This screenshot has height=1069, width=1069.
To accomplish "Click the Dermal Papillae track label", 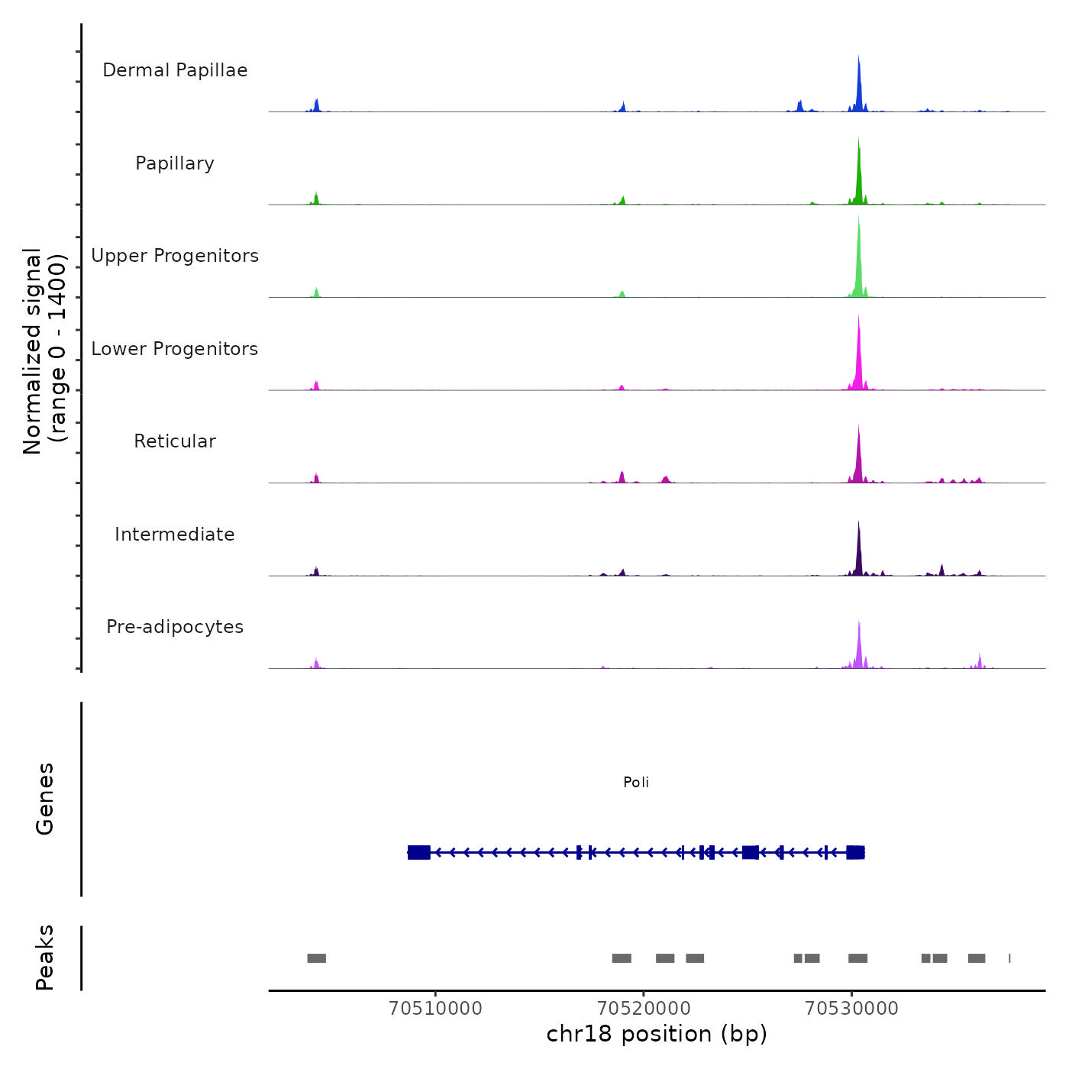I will pyautogui.click(x=175, y=70).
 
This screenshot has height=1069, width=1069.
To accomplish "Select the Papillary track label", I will pyautogui.click(x=175, y=163).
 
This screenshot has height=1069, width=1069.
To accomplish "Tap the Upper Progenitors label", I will pyautogui.click(x=175, y=256).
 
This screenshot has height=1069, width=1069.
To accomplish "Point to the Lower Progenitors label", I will pyautogui.click(x=175, y=349).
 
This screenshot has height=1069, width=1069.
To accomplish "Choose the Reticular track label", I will pyautogui.click(x=175, y=441).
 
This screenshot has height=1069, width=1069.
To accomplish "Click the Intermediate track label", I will pyautogui.click(x=175, y=534).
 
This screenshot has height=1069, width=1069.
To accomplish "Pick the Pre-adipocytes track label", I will pyautogui.click(x=175, y=627).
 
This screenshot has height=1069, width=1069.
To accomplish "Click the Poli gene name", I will pyautogui.click(x=636, y=783).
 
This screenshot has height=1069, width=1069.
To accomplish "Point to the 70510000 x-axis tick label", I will pyautogui.click(x=435, y=1009).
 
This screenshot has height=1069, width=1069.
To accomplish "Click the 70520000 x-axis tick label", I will pyautogui.click(x=644, y=1009).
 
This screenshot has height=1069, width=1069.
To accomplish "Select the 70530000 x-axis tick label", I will pyautogui.click(x=852, y=1009).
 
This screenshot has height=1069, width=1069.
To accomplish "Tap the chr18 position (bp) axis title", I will pyautogui.click(x=657, y=1035).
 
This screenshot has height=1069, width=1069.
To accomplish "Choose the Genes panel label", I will pyautogui.click(x=45, y=799).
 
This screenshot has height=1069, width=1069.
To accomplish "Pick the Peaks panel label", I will pyautogui.click(x=45, y=958).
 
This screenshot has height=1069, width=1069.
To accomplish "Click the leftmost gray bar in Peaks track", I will pyautogui.click(x=316, y=958).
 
